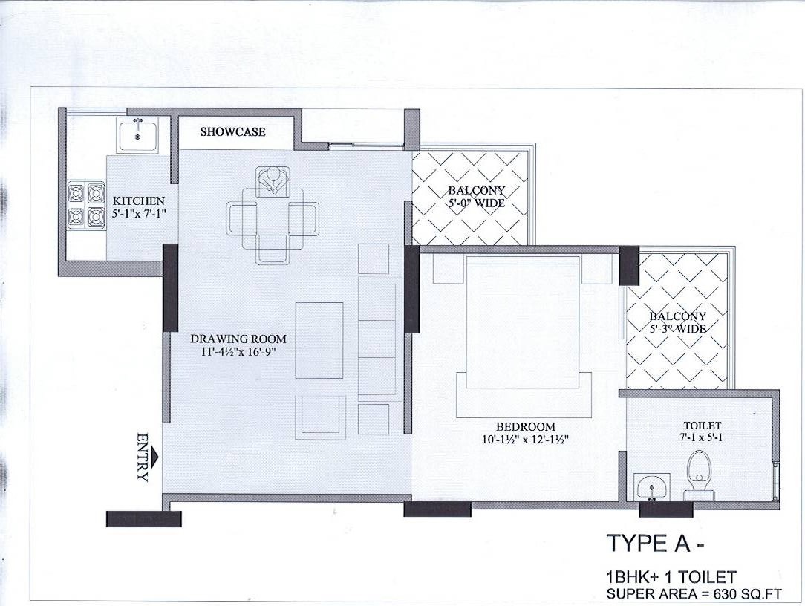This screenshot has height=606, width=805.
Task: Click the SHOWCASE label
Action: pyautogui.click(x=233, y=131)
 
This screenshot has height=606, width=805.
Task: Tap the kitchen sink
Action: pyautogui.click(x=137, y=134)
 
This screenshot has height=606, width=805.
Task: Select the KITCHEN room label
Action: pyautogui.click(x=139, y=201)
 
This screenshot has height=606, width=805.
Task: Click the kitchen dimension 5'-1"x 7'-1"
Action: pyautogui.click(x=139, y=213)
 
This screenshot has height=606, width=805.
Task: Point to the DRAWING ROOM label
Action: pyautogui.click(x=238, y=339)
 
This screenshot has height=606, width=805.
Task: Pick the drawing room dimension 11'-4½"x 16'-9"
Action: pyautogui.click(x=238, y=352)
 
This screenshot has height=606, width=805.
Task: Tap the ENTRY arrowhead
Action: pyautogui.click(x=155, y=456)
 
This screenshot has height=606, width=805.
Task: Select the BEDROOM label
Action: pyautogui.click(x=525, y=426)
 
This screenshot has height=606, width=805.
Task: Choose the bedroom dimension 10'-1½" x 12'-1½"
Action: pyautogui.click(x=525, y=439)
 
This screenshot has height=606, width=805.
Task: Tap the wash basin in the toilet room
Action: pyautogui.click(x=652, y=486)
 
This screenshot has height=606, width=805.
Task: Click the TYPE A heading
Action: pyautogui.click(x=655, y=544)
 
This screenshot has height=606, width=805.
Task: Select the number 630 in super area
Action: pyautogui.click(x=724, y=594)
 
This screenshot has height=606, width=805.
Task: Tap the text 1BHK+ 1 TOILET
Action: pyautogui.click(x=671, y=577)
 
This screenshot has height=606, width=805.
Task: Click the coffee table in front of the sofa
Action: pyautogui.click(x=319, y=340)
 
